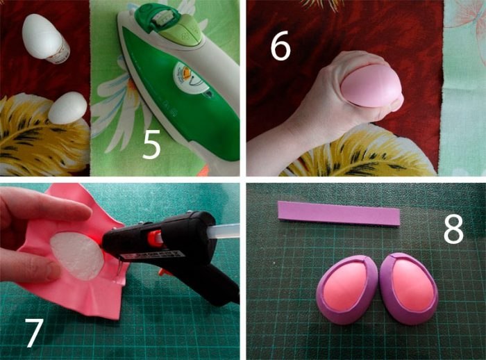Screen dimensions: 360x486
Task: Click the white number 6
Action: tap(280, 48)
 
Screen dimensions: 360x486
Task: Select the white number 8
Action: tap(453, 229)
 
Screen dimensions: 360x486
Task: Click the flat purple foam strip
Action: tap(339, 213)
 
